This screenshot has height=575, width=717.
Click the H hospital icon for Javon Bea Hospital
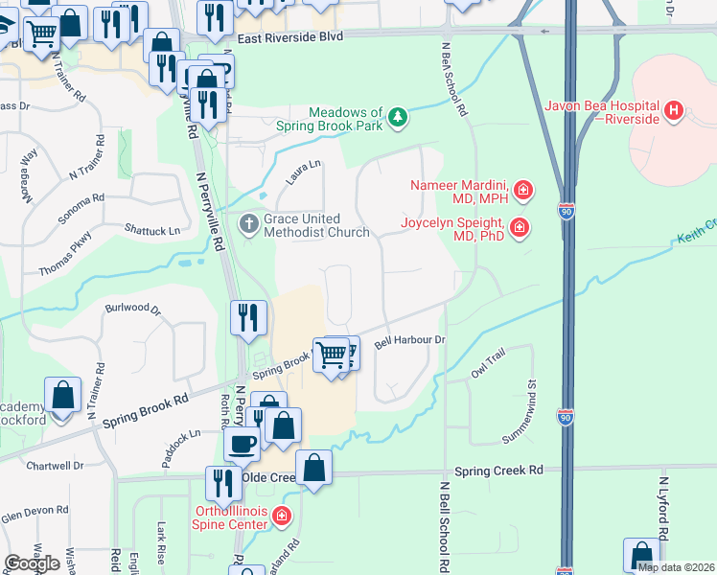tap(674, 111)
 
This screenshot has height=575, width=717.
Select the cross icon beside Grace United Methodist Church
tap(248, 225)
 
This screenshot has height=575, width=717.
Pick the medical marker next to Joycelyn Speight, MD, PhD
tap(520, 228)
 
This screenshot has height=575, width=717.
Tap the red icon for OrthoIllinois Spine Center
tap(281, 517)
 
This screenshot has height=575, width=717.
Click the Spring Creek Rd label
tap(498, 471)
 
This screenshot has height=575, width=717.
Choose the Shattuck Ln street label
tap(152, 231)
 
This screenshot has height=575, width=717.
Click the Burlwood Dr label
tap(133, 310)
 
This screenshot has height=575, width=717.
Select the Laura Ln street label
tap(303, 172)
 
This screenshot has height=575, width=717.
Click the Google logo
tap(32, 563)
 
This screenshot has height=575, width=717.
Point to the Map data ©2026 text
tap(676, 567)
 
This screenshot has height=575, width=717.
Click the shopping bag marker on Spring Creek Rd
tap(313, 469)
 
